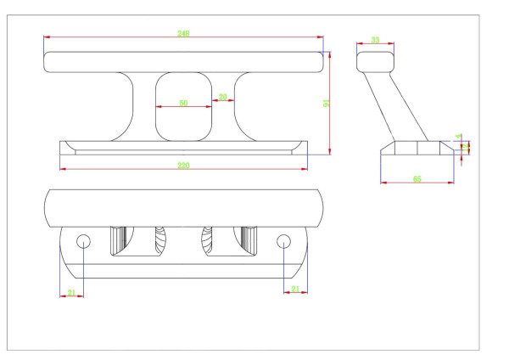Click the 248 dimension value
click(x=183, y=33)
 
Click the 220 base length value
click(x=183, y=164)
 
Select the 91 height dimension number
click(x=327, y=103)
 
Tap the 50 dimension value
click(x=183, y=103)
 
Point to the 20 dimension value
click(x=222, y=97)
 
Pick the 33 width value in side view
click(x=375, y=40)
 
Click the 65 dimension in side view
click(x=417, y=178)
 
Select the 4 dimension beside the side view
click(x=459, y=136)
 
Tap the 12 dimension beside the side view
click(x=465, y=147)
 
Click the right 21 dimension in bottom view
click(x=294, y=290)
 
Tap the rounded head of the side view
click(x=376, y=62)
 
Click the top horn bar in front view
click(x=183, y=61)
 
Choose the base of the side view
click(x=417, y=147)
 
